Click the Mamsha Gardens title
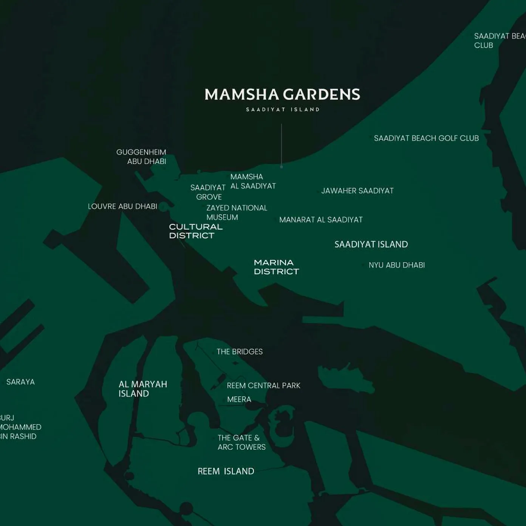tap(282, 94)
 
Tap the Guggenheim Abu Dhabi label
tap(141, 157)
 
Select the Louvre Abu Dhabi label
tap(122, 206)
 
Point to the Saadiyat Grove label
tap(208, 192)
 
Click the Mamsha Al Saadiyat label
tap(253, 181)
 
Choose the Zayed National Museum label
tap(237, 212)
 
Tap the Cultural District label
tap(196, 231)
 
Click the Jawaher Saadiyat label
tap(357, 191)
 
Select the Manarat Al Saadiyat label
tap(321, 220)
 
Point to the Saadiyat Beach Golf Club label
tap(426, 138)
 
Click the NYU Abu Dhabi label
tap(397, 265)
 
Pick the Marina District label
tap(276, 267)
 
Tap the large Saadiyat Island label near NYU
tap(371, 244)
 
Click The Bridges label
tap(240, 352)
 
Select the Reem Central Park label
tap(263, 386)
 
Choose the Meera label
tap(239, 399)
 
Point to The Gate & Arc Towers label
tap(241, 442)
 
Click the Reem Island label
tap(226, 471)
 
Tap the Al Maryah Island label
tap(143, 389)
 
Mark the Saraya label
tap(20, 382)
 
